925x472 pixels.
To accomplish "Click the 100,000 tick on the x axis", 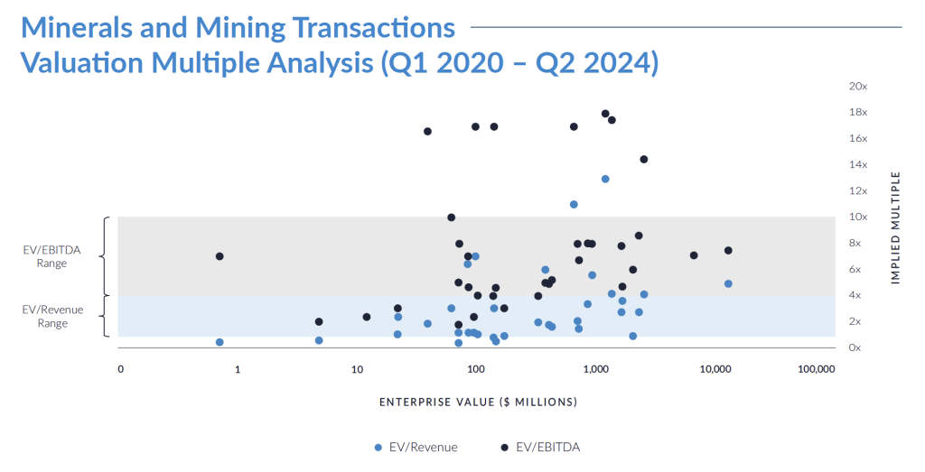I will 816,370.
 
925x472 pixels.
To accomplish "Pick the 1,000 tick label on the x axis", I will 595,370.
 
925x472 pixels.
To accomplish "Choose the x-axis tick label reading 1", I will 238,370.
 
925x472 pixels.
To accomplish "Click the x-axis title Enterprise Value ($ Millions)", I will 478,402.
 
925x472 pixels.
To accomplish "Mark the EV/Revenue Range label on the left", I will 51,317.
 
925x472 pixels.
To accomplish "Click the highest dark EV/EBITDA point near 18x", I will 605,114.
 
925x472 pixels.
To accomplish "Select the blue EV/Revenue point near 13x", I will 605,179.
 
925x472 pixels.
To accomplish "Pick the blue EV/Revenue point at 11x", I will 574,205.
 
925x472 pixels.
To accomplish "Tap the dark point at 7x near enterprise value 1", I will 220,256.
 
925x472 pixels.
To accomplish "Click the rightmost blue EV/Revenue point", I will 728,283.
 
